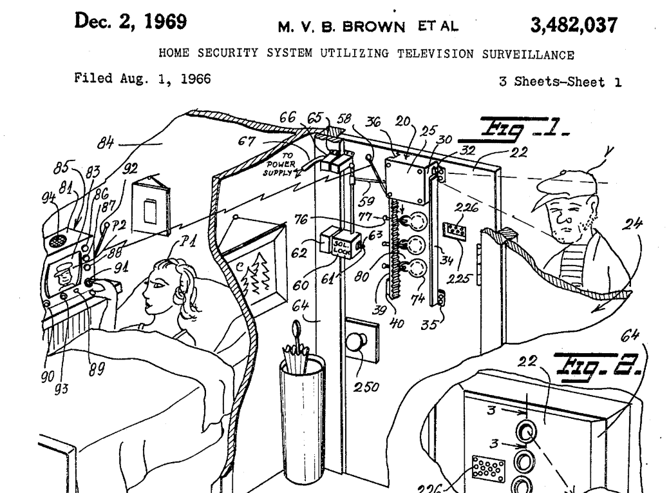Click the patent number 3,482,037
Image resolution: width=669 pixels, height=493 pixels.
pyautogui.click(x=573, y=25)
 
